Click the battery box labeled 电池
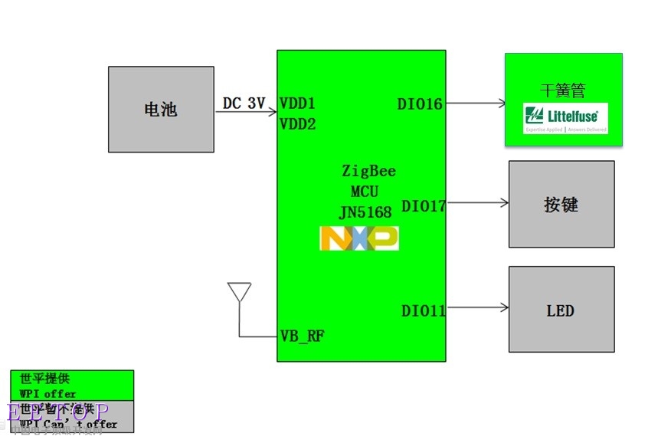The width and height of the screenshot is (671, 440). [161, 109]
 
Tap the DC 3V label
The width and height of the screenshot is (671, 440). [244, 103]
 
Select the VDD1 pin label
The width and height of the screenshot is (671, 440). [298, 103]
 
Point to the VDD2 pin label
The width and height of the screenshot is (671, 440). [298, 123]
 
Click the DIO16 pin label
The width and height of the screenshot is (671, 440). [420, 103]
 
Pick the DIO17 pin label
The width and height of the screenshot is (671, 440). [424, 205]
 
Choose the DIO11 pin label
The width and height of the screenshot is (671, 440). [424, 310]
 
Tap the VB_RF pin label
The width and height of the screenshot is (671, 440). [302, 336]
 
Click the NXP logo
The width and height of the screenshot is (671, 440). [358, 238]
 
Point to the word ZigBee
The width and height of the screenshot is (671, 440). [368, 171]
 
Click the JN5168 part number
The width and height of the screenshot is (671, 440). [365, 212]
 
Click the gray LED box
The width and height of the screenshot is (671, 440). [561, 309]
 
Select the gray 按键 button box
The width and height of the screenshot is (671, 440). [561, 204]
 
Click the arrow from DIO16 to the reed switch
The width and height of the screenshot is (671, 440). [475, 103]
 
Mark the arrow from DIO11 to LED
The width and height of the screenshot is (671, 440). [477, 308]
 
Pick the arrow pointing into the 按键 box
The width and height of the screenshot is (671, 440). [477, 203]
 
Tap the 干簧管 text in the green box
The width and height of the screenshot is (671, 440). [562, 90]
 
